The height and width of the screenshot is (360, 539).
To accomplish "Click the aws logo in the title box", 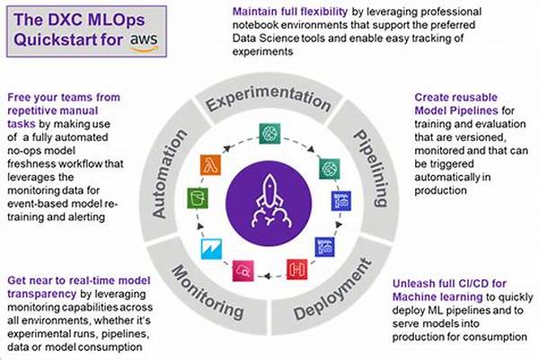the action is point(144,42).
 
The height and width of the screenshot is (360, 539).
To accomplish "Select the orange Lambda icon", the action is point(210,165).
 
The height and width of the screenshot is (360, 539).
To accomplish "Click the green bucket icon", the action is point(198,198).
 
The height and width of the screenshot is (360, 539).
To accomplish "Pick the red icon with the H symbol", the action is point(297,269).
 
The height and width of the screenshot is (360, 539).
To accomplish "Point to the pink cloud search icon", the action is point(243,271).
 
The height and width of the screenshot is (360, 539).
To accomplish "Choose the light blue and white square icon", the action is point(211,249).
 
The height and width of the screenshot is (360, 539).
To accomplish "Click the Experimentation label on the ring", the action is point(269,98).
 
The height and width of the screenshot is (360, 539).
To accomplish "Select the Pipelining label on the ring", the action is point(371,168).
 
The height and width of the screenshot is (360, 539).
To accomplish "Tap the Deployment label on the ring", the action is point(332,289).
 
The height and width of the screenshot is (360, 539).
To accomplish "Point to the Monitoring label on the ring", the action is point(208,293).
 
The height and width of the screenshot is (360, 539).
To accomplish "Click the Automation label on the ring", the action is point(169,174).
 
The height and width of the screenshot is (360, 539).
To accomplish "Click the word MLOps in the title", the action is point(117,20).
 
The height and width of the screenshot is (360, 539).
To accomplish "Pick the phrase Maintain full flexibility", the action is point(290,12).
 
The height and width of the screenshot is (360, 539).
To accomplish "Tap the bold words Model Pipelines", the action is point(456,110).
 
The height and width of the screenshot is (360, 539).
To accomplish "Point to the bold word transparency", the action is point(41,294).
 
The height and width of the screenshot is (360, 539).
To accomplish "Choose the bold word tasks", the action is point(22,124).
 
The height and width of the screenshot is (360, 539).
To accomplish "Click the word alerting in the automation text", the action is point(86,217).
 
